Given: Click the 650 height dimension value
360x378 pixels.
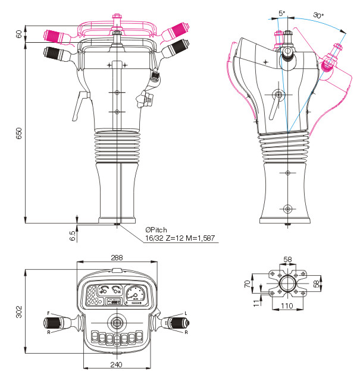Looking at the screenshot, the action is coord(19,133).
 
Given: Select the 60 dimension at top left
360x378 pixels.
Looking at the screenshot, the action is coord(19,34).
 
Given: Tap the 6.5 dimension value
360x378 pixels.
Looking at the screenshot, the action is coord(73,236).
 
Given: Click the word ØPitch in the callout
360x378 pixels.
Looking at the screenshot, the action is coord(156,230).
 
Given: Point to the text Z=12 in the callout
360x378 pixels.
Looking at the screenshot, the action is coord(175,238).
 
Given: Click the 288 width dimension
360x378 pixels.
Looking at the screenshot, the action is coord(117,258).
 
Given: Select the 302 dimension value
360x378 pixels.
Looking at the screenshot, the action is coord(19,312).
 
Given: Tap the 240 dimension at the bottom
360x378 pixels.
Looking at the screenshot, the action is coord(116,365).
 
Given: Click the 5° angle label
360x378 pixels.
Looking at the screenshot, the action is coord(282,13).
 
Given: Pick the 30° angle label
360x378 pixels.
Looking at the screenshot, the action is coord(318,15).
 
